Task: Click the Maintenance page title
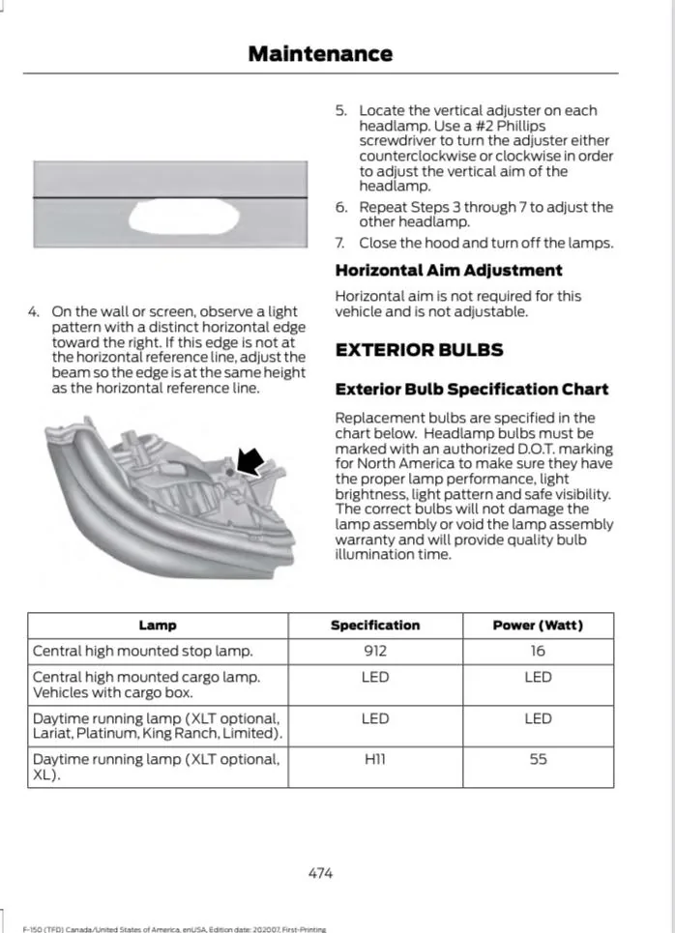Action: click(320, 53)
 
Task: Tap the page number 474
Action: click(320, 872)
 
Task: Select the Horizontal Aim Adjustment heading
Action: click(448, 271)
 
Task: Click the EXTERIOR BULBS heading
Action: click(419, 349)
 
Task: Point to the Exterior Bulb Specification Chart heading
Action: click(471, 390)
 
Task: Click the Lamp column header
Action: click(158, 626)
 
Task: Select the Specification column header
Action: click(375, 626)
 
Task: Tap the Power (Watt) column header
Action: click(538, 626)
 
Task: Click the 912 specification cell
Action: click(375, 651)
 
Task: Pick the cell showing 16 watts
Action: click(538, 651)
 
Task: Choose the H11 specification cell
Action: click(375, 760)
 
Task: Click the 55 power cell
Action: click(538, 760)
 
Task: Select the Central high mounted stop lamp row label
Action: click(143, 651)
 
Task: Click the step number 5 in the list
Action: click(340, 111)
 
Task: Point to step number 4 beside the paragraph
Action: click(33, 312)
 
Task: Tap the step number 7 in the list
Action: click(340, 243)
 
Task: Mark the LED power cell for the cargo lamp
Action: click(538, 678)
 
